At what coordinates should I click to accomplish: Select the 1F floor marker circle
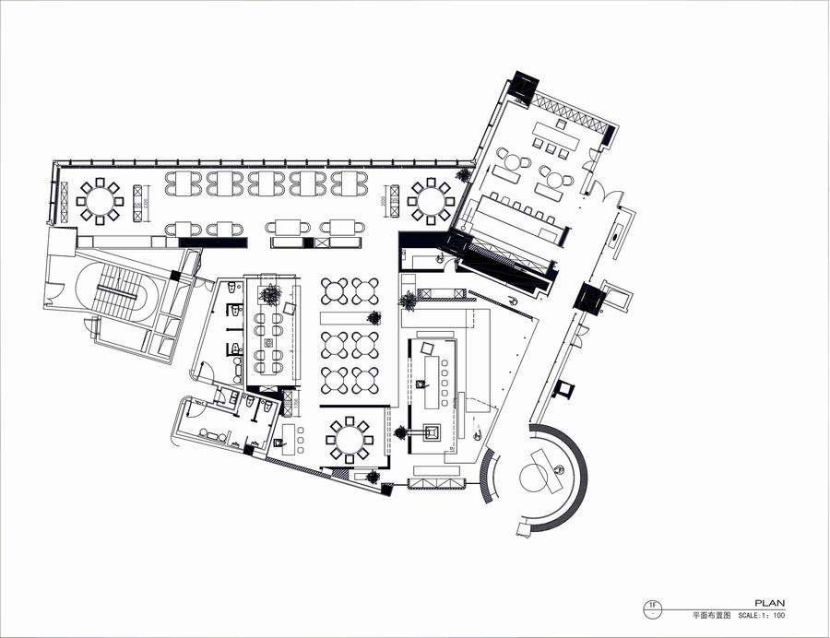click(x=653, y=607)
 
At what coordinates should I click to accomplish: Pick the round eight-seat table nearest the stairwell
click(x=99, y=199)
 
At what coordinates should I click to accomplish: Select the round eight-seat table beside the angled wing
click(x=430, y=200)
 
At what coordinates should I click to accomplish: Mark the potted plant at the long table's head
click(x=270, y=293)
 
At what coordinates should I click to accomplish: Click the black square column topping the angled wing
click(x=524, y=87)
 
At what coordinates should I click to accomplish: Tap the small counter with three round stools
click(x=292, y=434)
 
